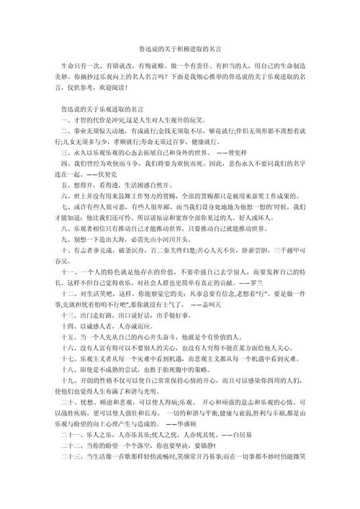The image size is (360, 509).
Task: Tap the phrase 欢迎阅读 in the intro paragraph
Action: click(114, 89)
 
